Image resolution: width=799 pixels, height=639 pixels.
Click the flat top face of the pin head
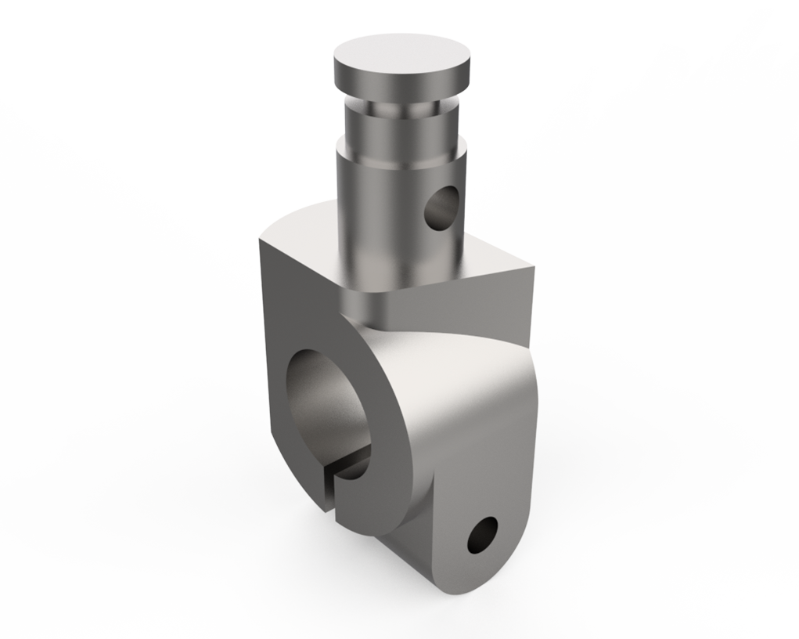click(x=403, y=57)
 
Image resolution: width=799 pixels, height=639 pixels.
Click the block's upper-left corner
click(x=260, y=243)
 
